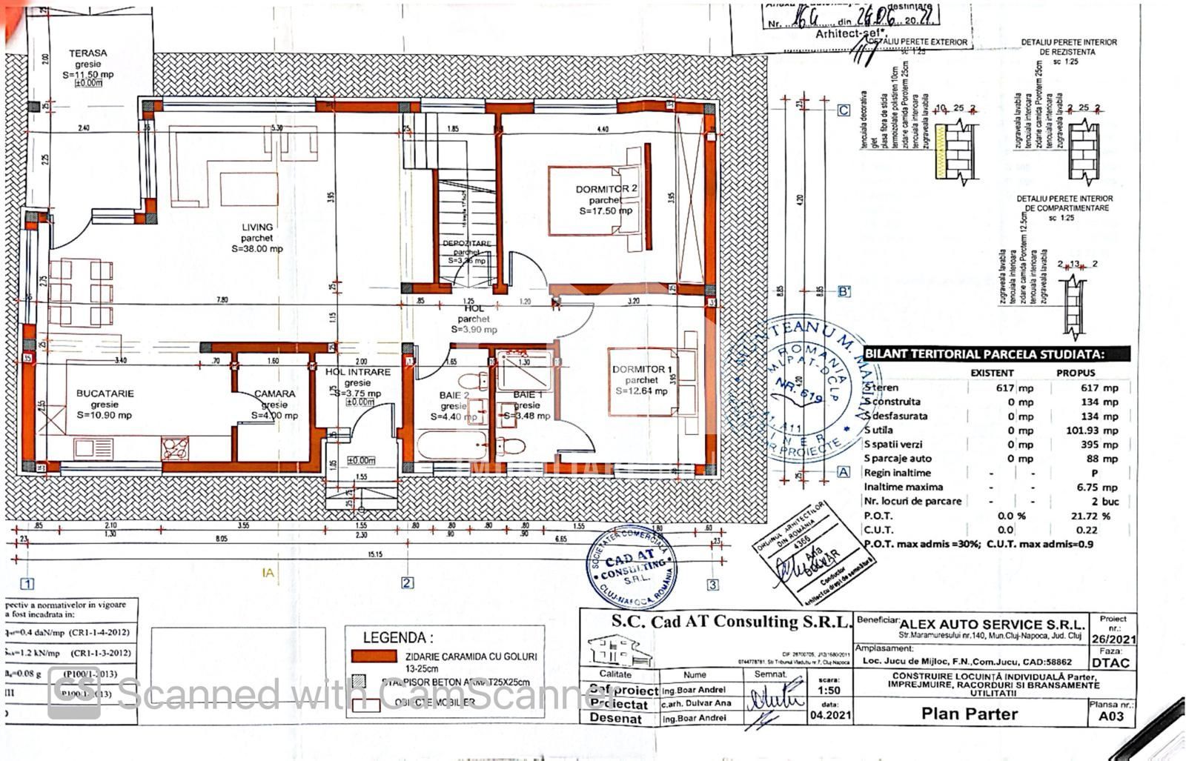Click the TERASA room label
(87, 53)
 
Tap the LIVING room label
(256, 227)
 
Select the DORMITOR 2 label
(606, 189)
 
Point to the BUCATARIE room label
(105, 393)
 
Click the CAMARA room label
(274, 394)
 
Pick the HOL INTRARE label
(357, 372)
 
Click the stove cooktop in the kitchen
(175, 448)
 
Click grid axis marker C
(844, 110)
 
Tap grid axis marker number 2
(407, 583)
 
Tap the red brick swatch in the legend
(374, 656)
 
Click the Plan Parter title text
(969, 714)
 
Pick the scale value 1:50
(829, 691)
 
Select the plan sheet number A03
(1110, 717)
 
